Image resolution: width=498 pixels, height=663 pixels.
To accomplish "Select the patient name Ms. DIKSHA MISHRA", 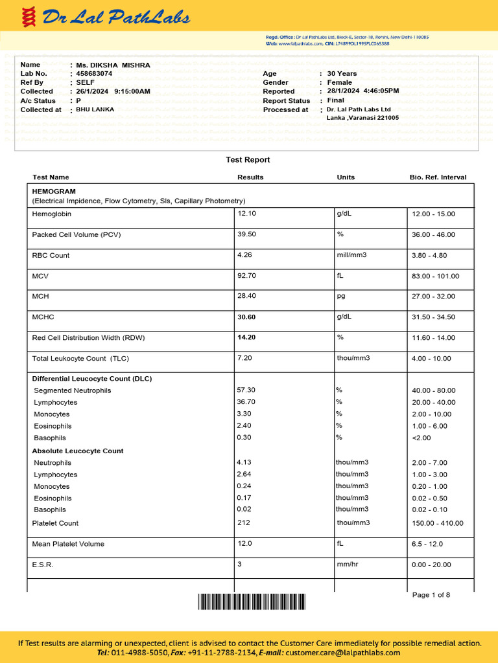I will click(x=113, y=65).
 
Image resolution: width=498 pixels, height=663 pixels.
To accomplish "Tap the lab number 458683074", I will click(x=94, y=74).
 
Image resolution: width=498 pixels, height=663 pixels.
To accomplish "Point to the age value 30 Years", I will click(x=342, y=74).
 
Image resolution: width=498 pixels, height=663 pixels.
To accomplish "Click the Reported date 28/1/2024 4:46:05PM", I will click(x=363, y=91).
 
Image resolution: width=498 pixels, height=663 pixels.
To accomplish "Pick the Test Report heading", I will click(x=248, y=160).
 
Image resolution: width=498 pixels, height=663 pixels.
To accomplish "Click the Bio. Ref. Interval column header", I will click(x=438, y=177).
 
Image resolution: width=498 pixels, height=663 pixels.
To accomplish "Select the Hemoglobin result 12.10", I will click(x=247, y=214).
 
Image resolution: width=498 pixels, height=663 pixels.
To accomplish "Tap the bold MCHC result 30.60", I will click(x=247, y=317).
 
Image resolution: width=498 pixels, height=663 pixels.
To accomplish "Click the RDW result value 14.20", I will click(x=247, y=337).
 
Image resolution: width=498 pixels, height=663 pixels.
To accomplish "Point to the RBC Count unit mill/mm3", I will click(x=351, y=255).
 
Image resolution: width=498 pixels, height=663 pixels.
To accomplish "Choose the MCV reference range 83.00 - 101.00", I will click(x=435, y=276).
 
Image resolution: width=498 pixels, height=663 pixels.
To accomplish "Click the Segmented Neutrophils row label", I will click(x=73, y=390).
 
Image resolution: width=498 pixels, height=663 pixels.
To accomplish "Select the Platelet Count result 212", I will click(x=244, y=523).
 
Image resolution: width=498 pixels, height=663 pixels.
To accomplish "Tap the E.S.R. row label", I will click(x=43, y=565).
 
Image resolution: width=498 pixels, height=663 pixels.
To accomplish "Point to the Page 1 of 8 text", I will click(x=431, y=595).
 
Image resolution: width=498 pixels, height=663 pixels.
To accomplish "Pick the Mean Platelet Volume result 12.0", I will click(x=244, y=544).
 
